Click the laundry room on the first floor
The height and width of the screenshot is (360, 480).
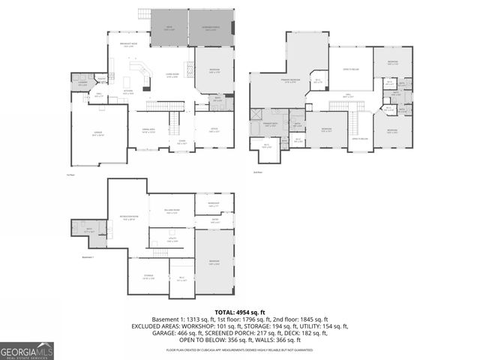82,84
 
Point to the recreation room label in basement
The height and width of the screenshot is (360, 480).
127,219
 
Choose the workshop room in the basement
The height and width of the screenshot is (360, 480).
214,204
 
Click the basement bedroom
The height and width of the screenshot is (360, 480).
214,262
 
